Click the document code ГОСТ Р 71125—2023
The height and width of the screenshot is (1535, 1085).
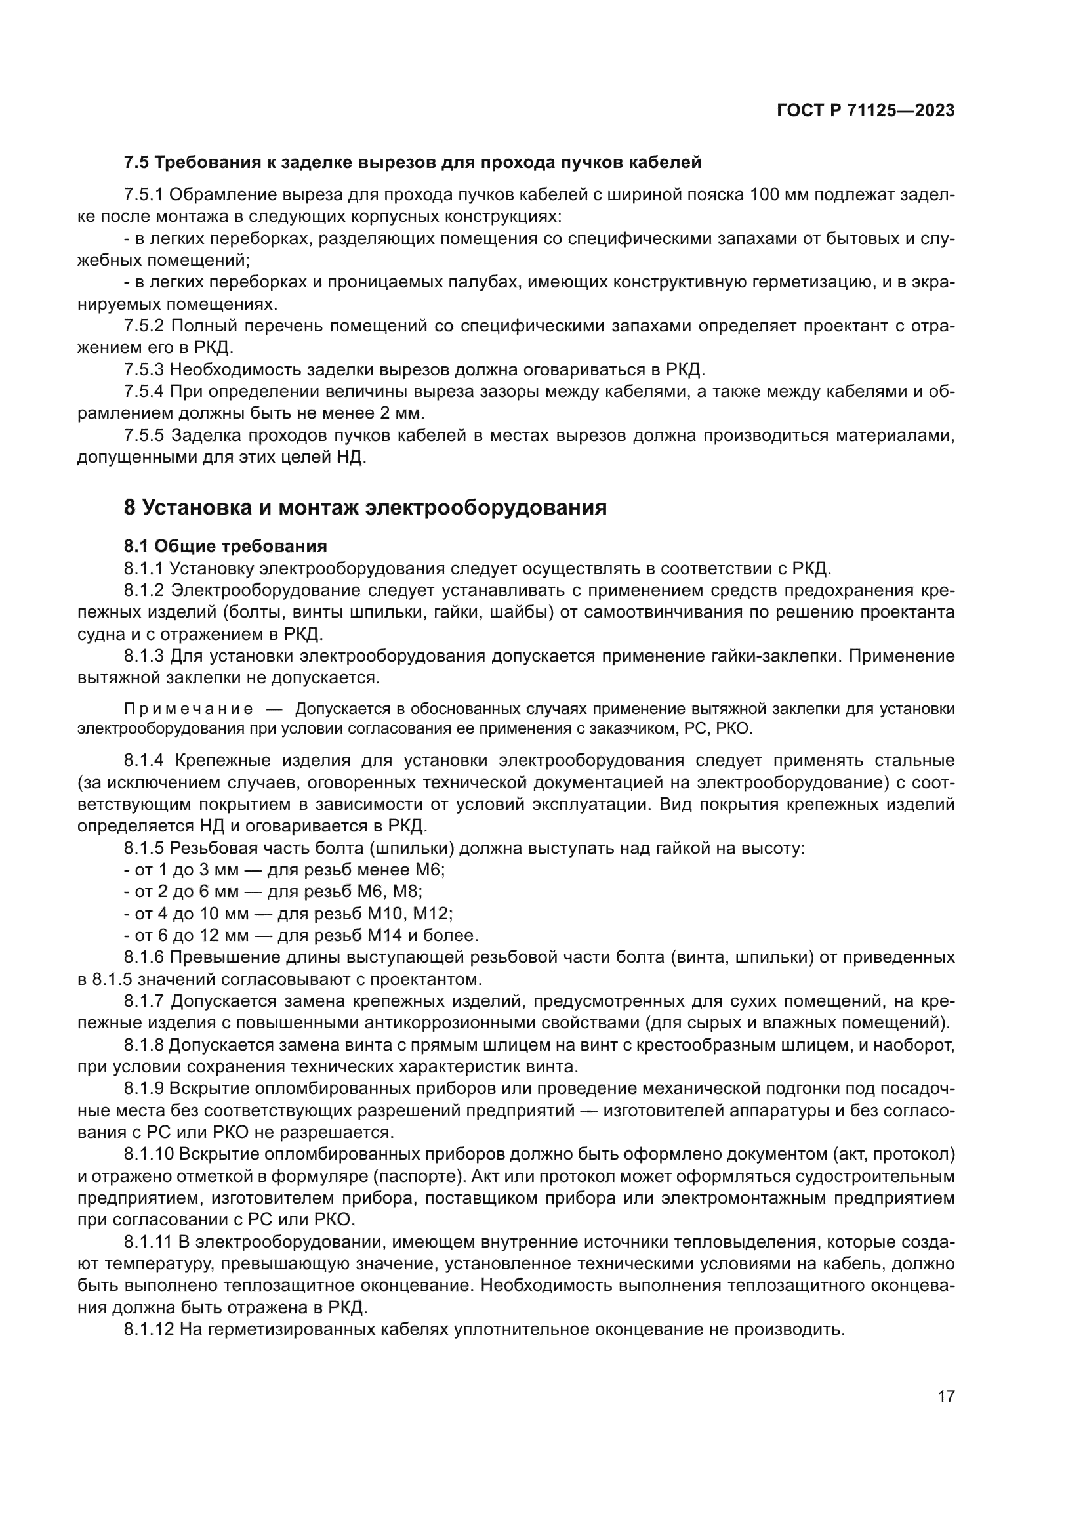[866, 111]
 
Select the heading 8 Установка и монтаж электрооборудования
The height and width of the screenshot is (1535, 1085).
[365, 508]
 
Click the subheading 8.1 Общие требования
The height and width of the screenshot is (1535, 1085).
[225, 546]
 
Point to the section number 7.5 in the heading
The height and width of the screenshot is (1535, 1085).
[136, 163]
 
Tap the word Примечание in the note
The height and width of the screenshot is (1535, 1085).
[188, 709]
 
